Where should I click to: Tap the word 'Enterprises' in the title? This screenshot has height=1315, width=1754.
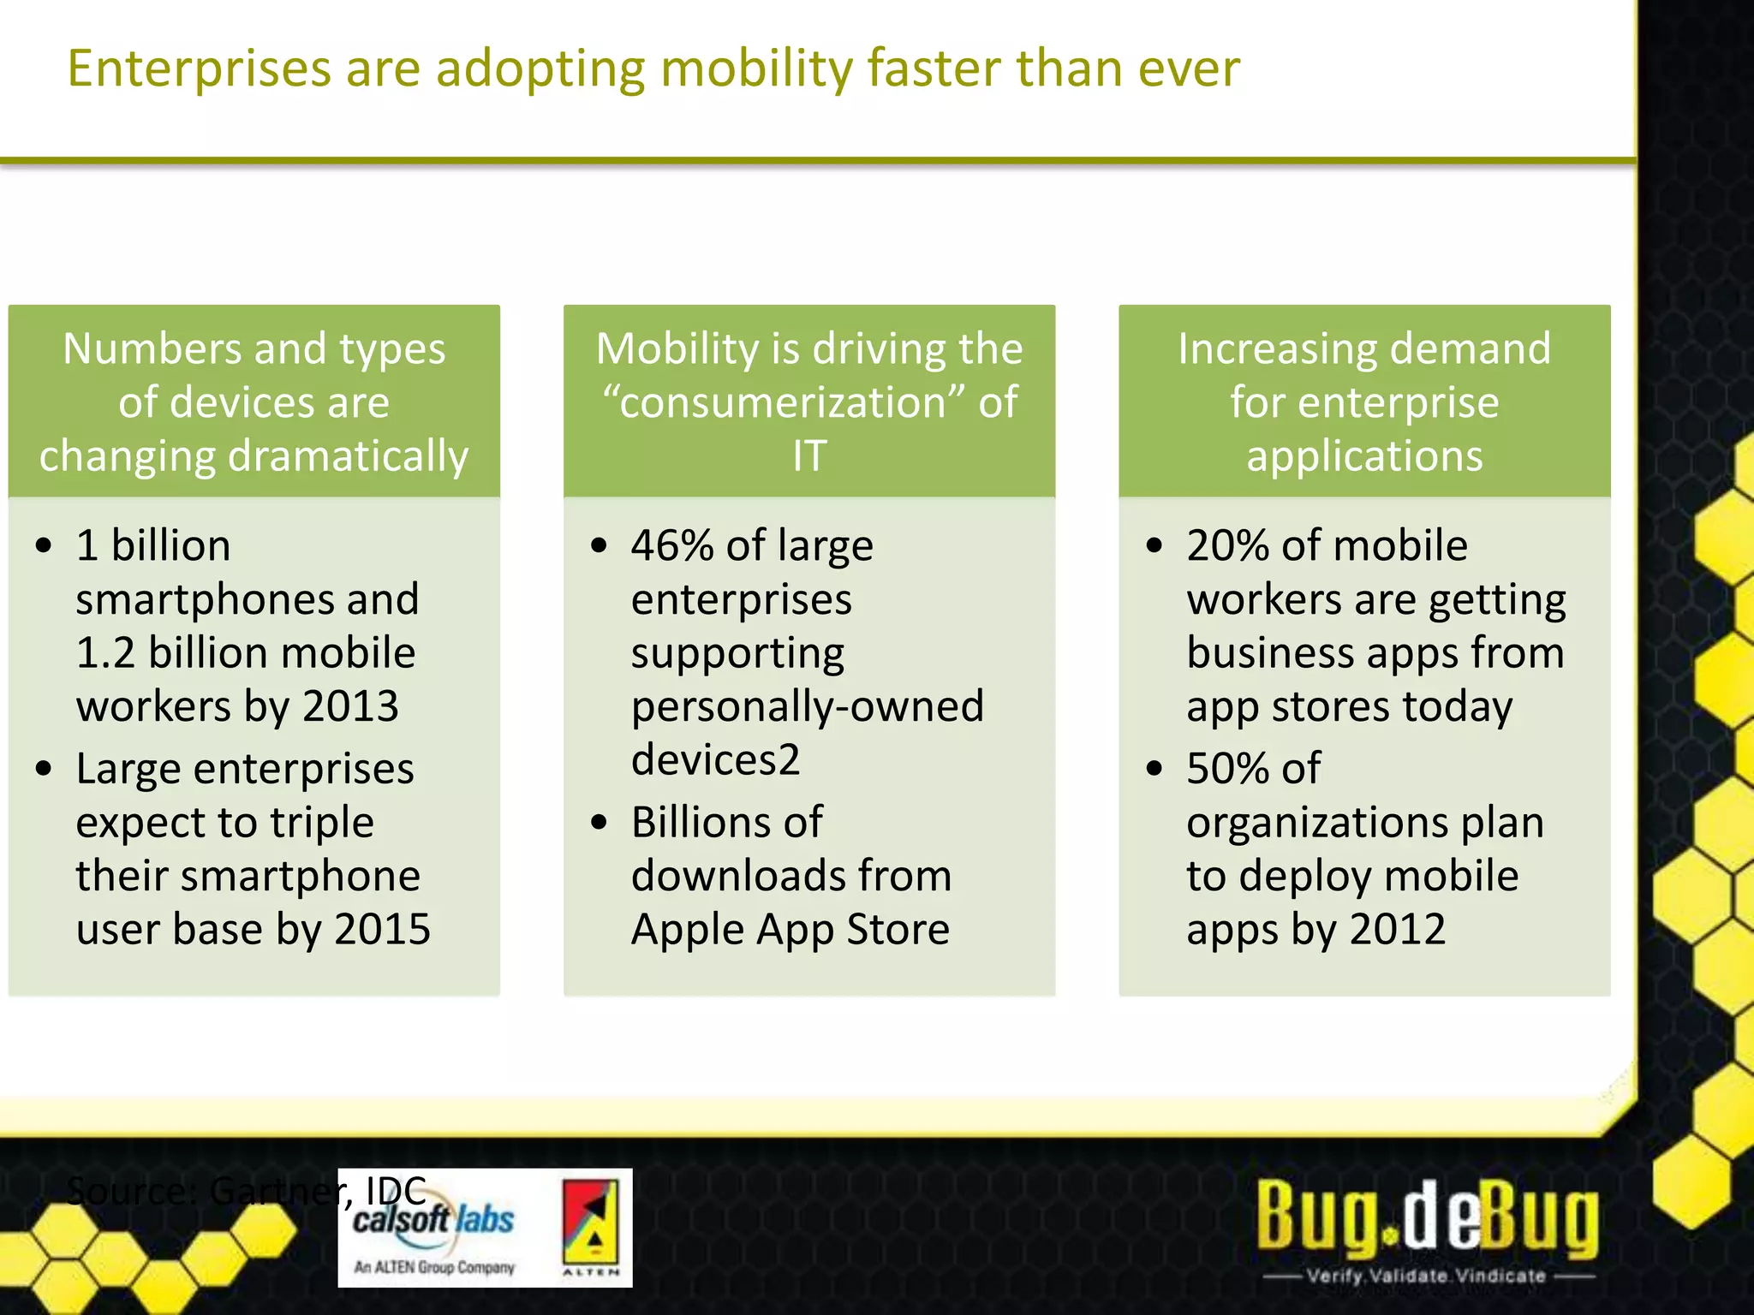point(199,68)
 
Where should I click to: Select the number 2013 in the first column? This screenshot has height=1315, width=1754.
point(350,706)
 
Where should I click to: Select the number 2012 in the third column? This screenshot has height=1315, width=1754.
point(1398,929)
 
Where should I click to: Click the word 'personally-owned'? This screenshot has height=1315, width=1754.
point(808,706)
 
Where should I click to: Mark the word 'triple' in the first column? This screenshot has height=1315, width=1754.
point(322,822)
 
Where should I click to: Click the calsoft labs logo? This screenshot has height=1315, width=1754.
point(434,1229)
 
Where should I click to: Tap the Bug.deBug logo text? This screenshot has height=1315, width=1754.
point(1427,1216)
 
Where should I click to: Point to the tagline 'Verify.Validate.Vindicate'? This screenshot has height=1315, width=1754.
point(1427,1276)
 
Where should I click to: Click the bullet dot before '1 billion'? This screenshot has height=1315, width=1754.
point(45,545)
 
